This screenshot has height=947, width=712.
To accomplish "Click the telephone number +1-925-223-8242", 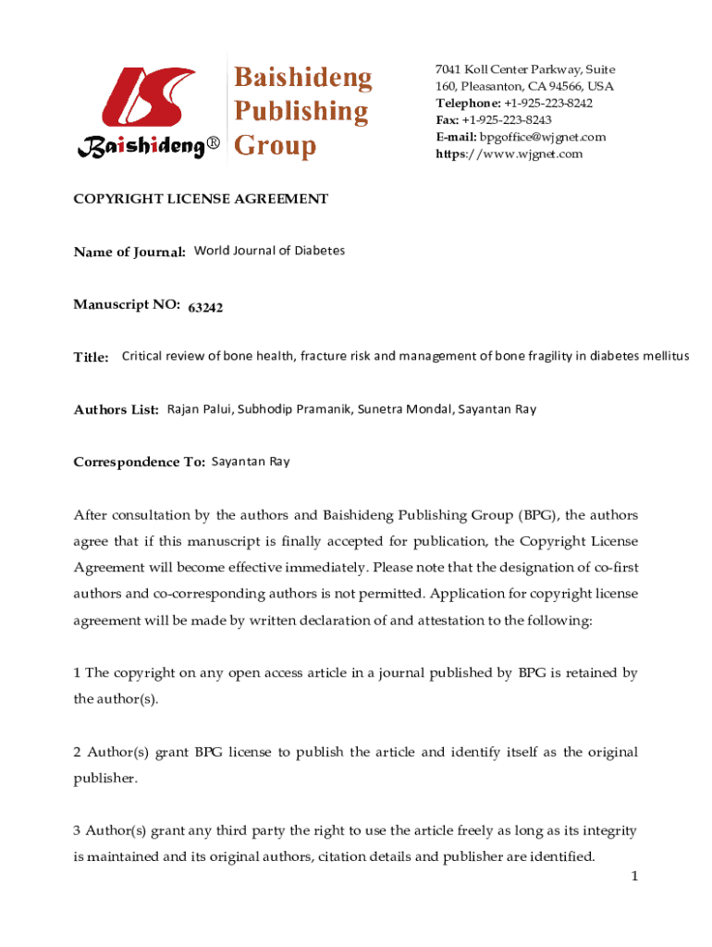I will pyautogui.click(x=548, y=104).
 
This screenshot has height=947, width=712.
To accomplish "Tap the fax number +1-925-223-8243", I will pyautogui.click(x=507, y=120).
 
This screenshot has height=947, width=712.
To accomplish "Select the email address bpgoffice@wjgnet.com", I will pyautogui.click(x=543, y=137).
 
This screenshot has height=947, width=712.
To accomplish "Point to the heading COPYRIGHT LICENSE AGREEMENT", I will pyautogui.click(x=201, y=199).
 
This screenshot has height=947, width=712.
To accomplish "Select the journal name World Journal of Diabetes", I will pyautogui.click(x=269, y=251).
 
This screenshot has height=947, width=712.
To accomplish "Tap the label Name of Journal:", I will pyautogui.click(x=129, y=252).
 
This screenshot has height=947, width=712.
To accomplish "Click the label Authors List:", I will pyautogui.click(x=117, y=410).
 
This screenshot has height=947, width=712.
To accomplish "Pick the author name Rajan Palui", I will pyautogui.click(x=199, y=409).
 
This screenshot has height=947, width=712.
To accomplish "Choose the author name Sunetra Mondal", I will pyautogui.click(x=398, y=409).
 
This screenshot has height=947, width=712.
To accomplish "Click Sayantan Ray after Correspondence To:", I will pyautogui.click(x=251, y=461).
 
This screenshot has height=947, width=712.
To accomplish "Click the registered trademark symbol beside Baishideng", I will pyautogui.click(x=215, y=146).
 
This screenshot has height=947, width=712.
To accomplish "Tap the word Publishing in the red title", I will pyautogui.click(x=300, y=112).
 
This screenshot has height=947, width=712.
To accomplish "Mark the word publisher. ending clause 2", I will pyautogui.click(x=105, y=778).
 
